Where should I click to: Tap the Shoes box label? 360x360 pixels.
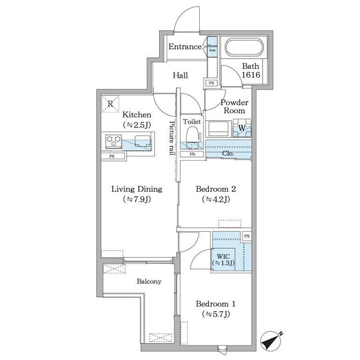coord(213,47)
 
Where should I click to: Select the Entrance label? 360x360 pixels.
coord(185,47)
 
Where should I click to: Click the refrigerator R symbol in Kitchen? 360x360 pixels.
coord(111,103)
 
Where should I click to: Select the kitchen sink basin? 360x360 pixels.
coord(141,141)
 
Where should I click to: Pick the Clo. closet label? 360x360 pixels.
coord(228,152)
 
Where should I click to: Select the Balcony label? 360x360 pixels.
coord(149,281)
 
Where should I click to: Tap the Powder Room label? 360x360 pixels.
coord(233,107)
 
